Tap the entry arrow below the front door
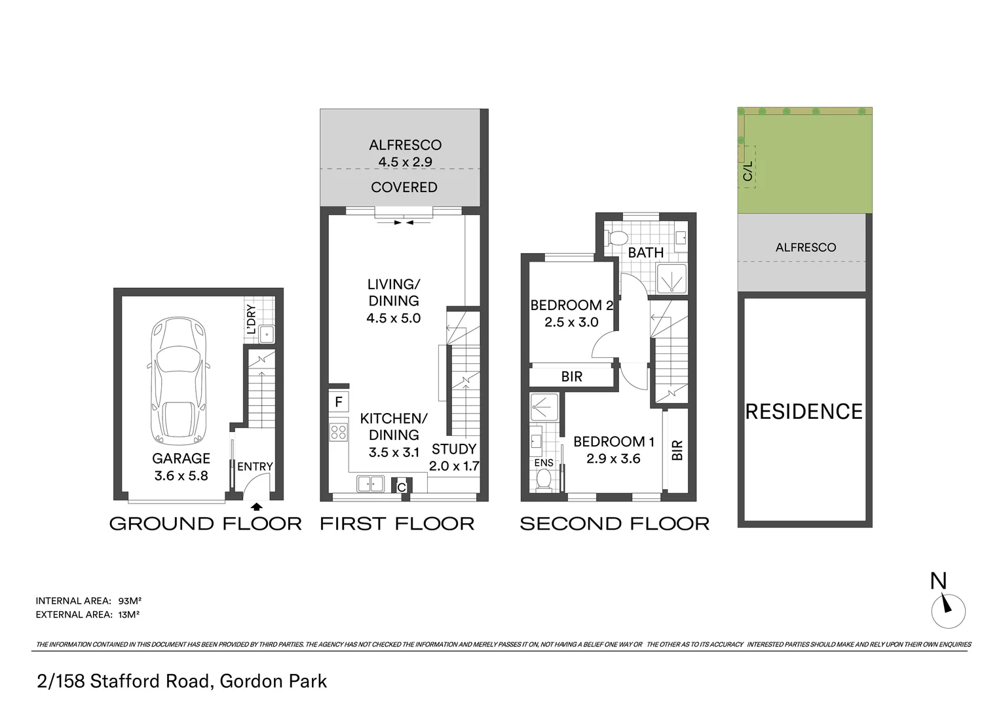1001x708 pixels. pyautogui.click(x=256, y=506)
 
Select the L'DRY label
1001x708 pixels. pyautogui.click(x=251, y=319)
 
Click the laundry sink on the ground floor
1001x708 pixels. pyautogui.click(x=267, y=334)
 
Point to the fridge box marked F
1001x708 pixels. pyautogui.click(x=339, y=401)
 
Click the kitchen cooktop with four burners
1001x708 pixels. pyautogui.click(x=339, y=432)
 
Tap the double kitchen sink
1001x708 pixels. pyautogui.click(x=370, y=484)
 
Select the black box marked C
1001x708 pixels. pyautogui.click(x=402, y=487)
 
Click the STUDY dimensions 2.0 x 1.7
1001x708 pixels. pyautogui.click(x=454, y=467)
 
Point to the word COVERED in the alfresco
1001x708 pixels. pyautogui.click(x=404, y=187)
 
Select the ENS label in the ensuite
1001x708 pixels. pyautogui.click(x=544, y=462)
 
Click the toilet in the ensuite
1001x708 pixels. pyautogui.click(x=543, y=480)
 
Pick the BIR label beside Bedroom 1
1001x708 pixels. pyautogui.click(x=677, y=450)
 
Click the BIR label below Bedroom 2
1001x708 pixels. pyautogui.click(x=572, y=376)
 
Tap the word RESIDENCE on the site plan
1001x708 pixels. pyautogui.click(x=804, y=412)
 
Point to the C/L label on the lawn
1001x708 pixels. pyautogui.click(x=748, y=172)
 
